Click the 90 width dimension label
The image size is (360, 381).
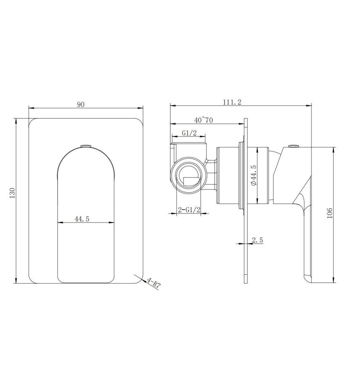[x=81, y=104]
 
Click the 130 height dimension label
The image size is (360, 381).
[x=13, y=193]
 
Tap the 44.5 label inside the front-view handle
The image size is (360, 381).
[x=82, y=219]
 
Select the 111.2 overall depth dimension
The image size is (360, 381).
[x=232, y=102]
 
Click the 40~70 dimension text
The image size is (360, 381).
[x=204, y=120]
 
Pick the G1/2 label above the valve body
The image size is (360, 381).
[x=189, y=133]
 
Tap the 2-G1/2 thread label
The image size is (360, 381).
[x=189, y=210]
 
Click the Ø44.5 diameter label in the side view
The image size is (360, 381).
[x=254, y=175]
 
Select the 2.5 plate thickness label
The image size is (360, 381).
[x=257, y=240]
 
